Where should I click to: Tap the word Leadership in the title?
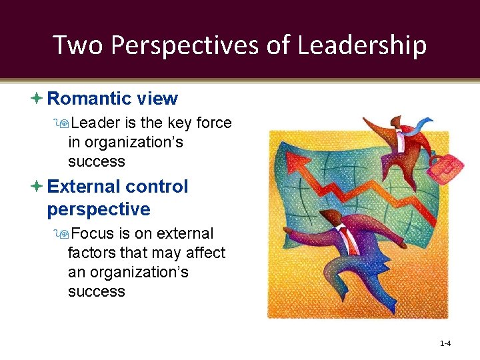[x=361, y=46]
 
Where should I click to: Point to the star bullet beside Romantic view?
[x=37, y=99]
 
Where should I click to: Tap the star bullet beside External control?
[x=37, y=187]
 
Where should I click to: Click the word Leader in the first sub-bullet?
[x=94, y=123]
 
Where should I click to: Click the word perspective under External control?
[x=99, y=209]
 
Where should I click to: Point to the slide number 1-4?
[x=446, y=344]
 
